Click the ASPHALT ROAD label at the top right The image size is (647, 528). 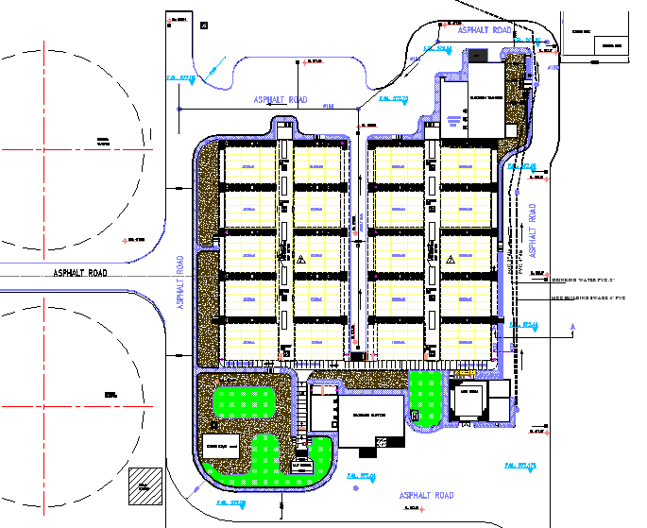pyautogui.click(x=485, y=31)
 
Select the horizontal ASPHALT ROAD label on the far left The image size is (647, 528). pyautogui.click(x=79, y=273)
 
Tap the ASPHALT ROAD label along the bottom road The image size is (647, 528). pyautogui.click(x=426, y=495)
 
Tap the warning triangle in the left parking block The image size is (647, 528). pyautogui.click(x=300, y=258)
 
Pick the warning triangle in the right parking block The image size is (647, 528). pyautogui.click(x=451, y=258)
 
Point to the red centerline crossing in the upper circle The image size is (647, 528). pyautogui.click(x=43, y=149)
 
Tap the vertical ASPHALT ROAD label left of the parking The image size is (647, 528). pyautogui.click(x=179, y=281)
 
